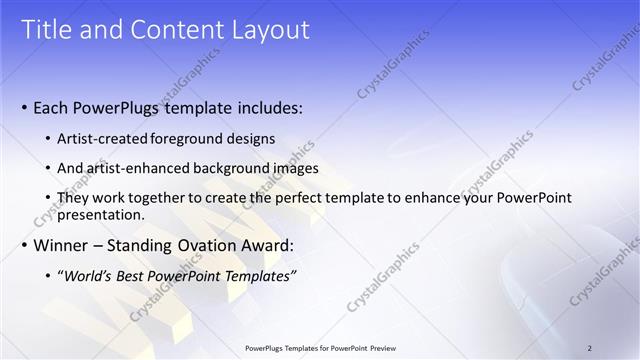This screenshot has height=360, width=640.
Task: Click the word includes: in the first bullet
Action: (268, 107)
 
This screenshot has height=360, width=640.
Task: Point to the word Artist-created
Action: (99, 139)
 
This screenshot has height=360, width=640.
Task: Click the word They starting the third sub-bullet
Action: (73, 198)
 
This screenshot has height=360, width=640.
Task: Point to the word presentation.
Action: (101, 214)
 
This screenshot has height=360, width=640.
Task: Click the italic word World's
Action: (86, 276)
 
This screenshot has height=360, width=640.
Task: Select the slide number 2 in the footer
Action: (589, 348)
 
